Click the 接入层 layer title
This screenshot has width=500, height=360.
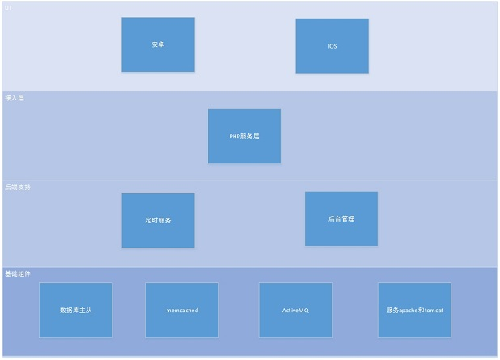(x=15, y=97)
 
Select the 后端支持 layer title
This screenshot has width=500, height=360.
(x=18, y=187)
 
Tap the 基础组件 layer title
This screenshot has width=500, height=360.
(x=18, y=274)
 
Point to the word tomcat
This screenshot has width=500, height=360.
(x=434, y=311)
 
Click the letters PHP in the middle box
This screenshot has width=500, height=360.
(x=235, y=137)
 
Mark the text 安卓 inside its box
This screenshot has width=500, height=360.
(x=158, y=45)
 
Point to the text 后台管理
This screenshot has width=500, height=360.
(x=341, y=219)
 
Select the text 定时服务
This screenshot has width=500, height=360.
(x=159, y=221)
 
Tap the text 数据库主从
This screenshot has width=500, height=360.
(x=75, y=311)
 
